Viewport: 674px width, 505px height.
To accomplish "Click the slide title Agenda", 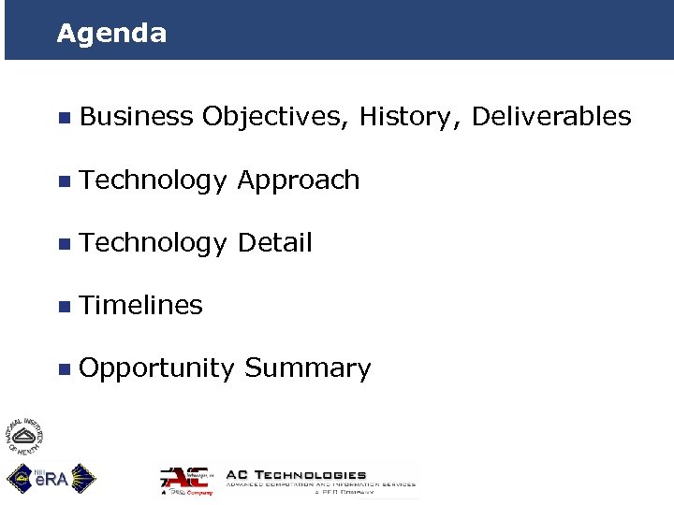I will point(111,34).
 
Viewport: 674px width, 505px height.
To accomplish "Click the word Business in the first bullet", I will point(137,117).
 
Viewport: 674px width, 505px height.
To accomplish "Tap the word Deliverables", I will point(551,117).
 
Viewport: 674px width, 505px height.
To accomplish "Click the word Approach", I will point(298,180).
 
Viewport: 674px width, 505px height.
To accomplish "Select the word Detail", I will point(274,243).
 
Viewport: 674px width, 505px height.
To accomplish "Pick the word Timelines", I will point(141,305).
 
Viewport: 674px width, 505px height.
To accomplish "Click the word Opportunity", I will point(156,368).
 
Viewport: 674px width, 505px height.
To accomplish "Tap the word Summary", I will point(307,368).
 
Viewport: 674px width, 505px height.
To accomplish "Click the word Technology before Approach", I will point(154,180).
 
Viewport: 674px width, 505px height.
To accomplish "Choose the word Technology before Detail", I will point(154,243).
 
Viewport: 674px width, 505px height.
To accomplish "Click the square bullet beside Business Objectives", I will point(63,118).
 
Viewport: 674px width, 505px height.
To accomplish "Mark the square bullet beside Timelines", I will point(63,306).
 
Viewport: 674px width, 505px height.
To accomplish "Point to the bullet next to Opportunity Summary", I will point(63,369).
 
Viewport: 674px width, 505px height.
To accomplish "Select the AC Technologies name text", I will point(297,474).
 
